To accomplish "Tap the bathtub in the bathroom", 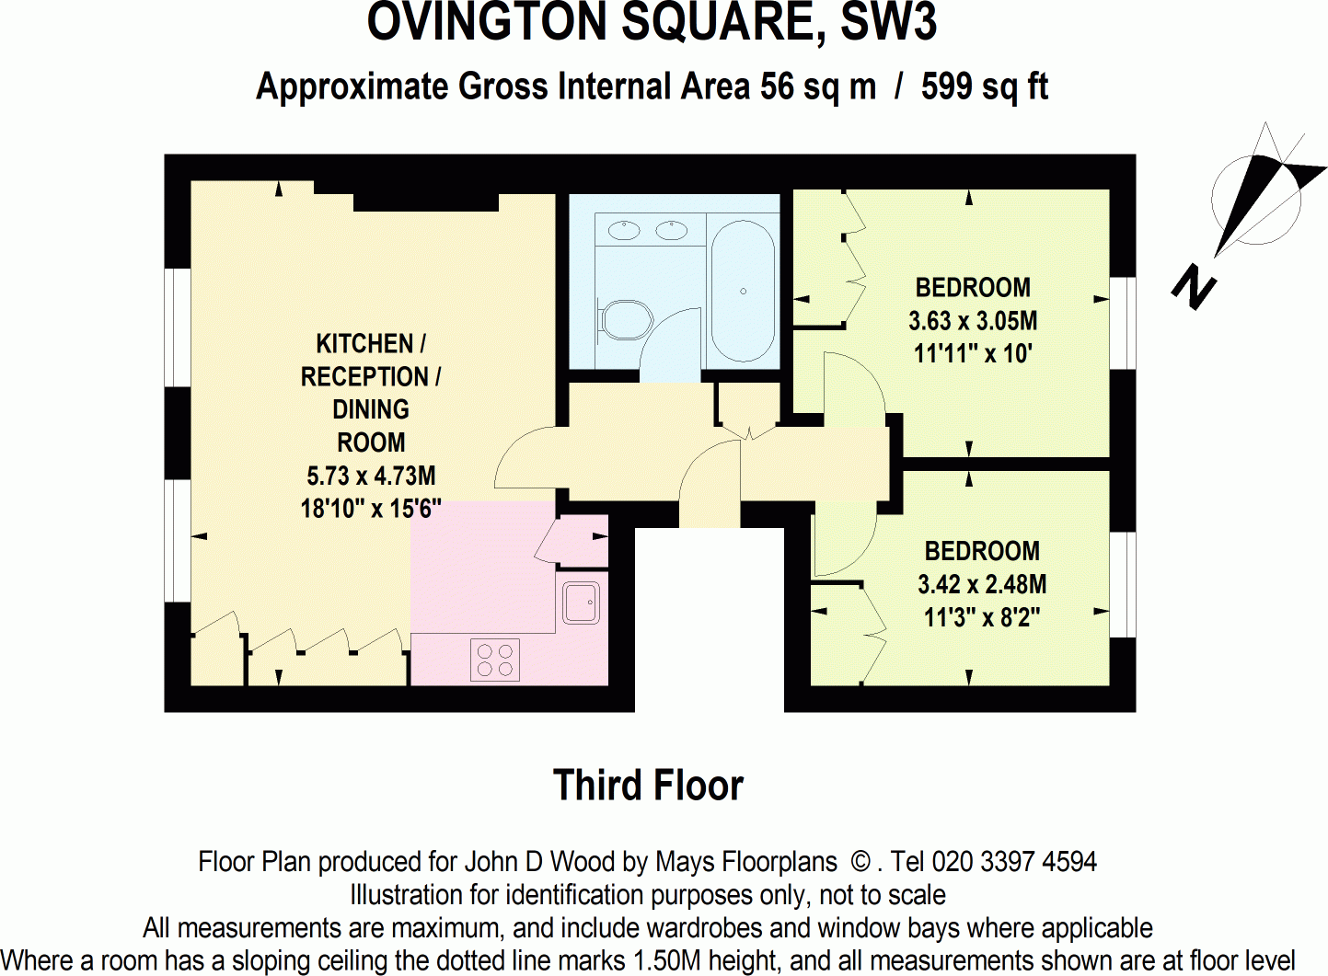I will [744, 291].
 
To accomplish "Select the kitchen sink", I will [581, 603].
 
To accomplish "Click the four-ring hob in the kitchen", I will [495, 660].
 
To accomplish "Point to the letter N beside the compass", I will [1194, 287].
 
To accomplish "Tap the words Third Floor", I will [648, 786].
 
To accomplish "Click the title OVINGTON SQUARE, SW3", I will [652, 23].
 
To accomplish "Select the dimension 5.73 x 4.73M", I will [371, 476].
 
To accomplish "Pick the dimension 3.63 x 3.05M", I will [973, 321].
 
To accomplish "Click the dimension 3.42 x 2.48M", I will [982, 584].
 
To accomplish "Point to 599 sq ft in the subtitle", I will [985, 86].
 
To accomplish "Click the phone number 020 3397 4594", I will [1014, 862].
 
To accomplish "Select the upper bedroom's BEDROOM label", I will [973, 288].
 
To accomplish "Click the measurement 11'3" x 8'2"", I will [982, 617].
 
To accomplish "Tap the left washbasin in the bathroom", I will [626, 229].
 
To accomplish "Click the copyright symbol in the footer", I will [860, 862].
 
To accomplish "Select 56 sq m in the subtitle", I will [817, 86].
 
